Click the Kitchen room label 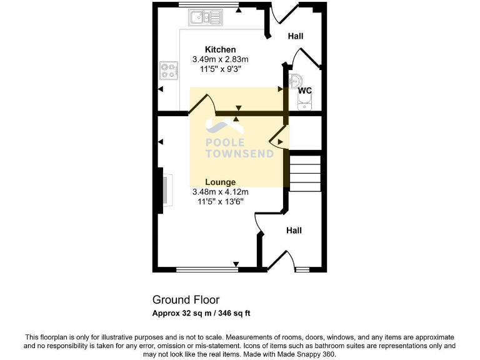point(221,49)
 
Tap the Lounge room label point(220,182)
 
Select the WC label point(304,91)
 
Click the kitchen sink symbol point(206,17)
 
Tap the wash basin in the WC point(297,80)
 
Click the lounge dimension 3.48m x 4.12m point(220,192)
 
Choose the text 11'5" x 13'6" point(220,201)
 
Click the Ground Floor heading point(186,300)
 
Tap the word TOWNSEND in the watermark point(239,154)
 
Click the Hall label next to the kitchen point(295,36)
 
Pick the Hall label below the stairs point(294,231)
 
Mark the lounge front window point(206,269)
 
